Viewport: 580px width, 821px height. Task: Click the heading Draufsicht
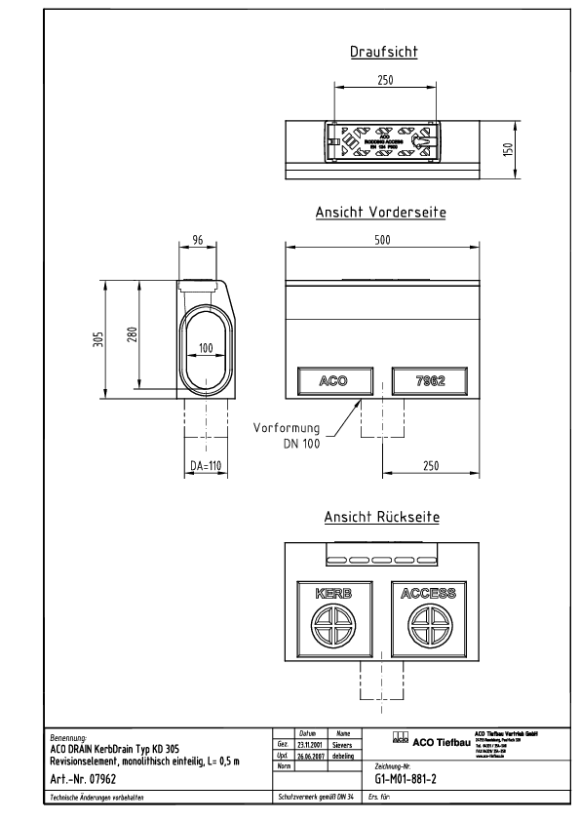(x=384, y=53)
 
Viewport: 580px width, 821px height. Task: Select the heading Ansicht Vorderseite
(x=380, y=212)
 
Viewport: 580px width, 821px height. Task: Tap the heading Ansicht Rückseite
(x=380, y=517)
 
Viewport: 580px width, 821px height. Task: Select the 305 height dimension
(x=99, y=337)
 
